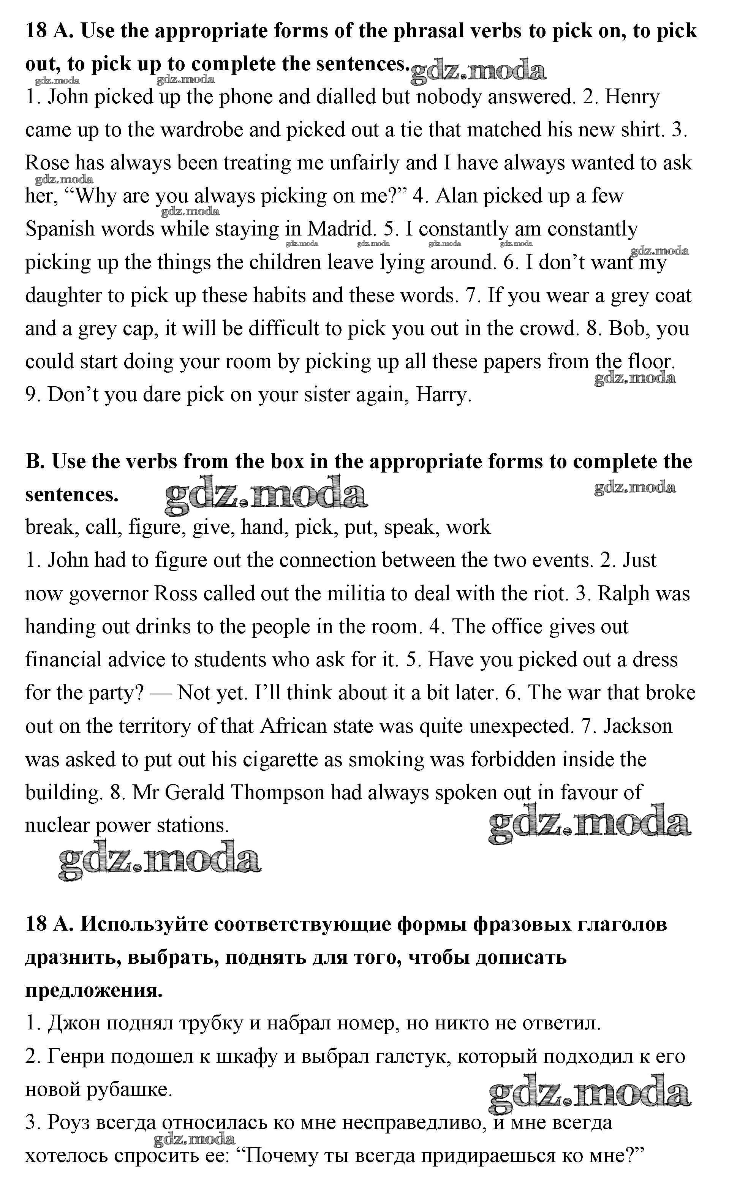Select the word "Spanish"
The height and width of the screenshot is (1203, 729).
60,229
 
